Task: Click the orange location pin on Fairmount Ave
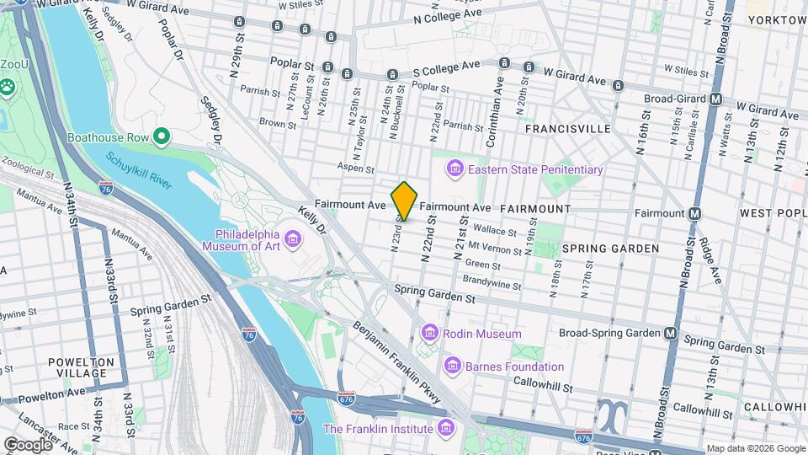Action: click(404, 201)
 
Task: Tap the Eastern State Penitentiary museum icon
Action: click(455, 169)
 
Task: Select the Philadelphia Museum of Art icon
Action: click(292, 240)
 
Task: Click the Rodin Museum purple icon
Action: click(430, 334)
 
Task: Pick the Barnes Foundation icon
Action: click(453, 367)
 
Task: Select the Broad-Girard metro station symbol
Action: click(716, 99)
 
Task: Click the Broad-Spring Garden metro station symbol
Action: click(670, 333)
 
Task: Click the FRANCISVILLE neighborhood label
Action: click(567, 129)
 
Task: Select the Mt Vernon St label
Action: click(491, 246)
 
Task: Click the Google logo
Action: click(28, 444)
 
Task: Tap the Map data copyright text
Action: click(754, 449)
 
